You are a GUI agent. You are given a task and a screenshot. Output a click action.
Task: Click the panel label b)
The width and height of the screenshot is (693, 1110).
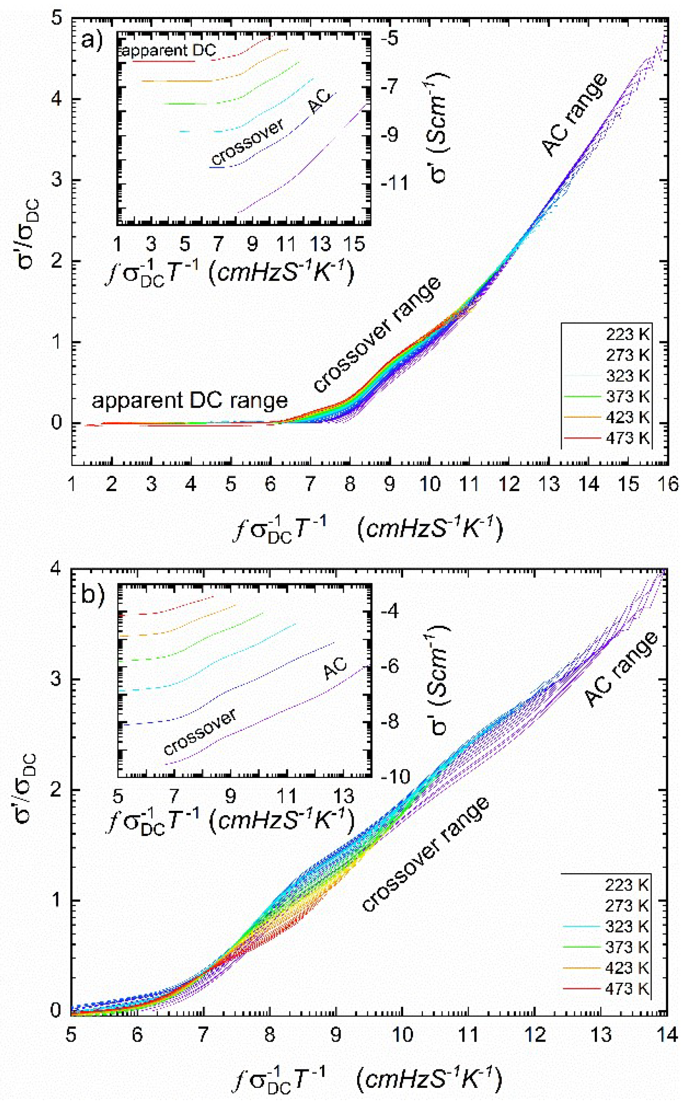pyautogui.click(x=93, y=594)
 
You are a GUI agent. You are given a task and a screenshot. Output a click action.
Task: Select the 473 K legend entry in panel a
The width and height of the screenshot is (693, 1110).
pyautogui.click(x=627, y=438)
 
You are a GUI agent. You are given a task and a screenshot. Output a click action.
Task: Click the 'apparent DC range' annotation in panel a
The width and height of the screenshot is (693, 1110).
pyautogui.click(x=190, y=401)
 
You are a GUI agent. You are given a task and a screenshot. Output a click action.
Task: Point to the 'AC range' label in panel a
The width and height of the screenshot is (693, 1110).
pyautogui.click(x=575, y=114)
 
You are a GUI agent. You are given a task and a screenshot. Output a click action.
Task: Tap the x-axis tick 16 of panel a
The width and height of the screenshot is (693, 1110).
pyautogui.click(x=667, y=484)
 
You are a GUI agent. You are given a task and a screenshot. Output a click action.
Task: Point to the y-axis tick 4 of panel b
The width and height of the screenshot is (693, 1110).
pyautogui.click(x=58, y=569)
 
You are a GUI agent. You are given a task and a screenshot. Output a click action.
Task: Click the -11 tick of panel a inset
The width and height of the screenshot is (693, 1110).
pyautogui.click(x=394, y=184)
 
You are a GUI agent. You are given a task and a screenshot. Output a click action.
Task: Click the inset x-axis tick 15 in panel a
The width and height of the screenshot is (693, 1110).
pyautogui.click(x=353, y=245)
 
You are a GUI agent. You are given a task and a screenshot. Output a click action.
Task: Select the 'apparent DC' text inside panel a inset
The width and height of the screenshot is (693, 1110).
pyautogui.click(x=168, y=51)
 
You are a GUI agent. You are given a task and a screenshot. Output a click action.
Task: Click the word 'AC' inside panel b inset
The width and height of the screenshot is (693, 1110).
pyautogui.click(x=335, y=670)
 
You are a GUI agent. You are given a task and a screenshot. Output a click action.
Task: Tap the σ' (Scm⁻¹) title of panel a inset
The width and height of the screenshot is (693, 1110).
pyautogui.click(x=439, y=128)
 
